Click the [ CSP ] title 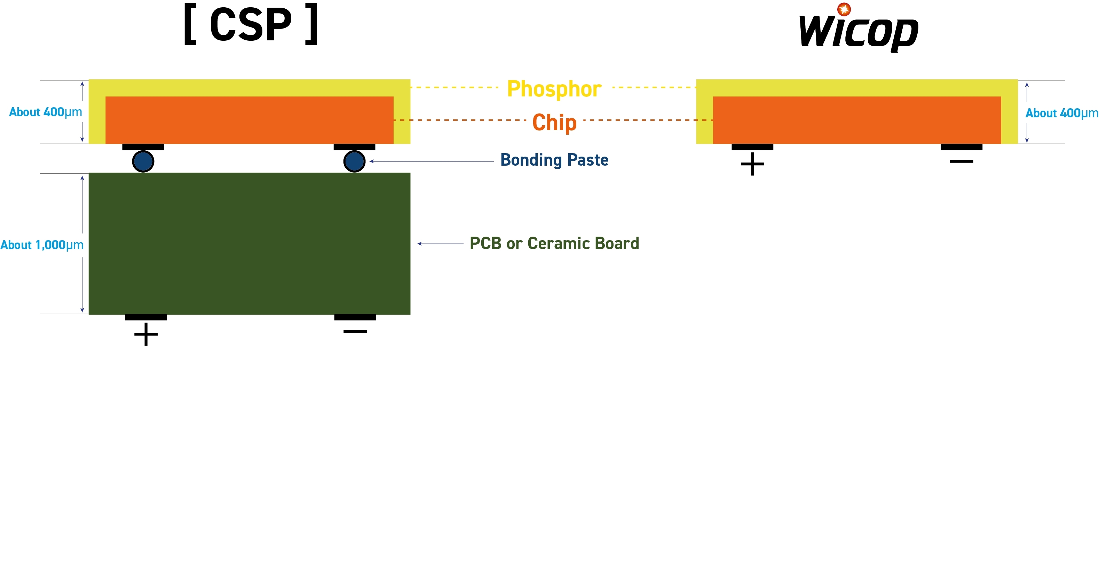(251, 25)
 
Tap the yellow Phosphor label (554, 89)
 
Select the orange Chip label (554, 123)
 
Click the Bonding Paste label (554, 160)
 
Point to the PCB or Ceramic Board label (554, 244)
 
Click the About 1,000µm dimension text (42, 245)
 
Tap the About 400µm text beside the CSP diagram (45, 112)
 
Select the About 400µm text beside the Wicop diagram (1061, 113)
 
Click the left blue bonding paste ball (143, 161)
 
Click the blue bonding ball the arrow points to (354, 161)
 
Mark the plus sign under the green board (146, 334)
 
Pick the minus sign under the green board (355, 331)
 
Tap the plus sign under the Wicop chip (752, 164)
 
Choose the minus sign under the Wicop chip (961, 161)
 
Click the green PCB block (249, 244)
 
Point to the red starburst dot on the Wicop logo (844, 9)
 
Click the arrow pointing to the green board (440, 244)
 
